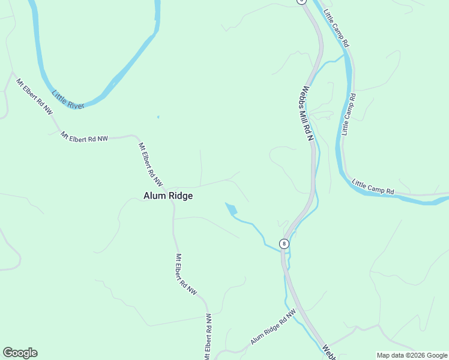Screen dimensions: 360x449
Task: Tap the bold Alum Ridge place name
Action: point(168,196)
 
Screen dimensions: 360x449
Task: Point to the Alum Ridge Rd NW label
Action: point(274,327)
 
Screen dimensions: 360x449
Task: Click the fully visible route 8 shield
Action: point(284,244)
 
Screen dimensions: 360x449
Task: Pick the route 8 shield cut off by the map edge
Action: point(301,2)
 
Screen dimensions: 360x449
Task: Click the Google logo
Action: point(20,353)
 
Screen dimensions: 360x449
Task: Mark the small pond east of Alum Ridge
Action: point(231,209)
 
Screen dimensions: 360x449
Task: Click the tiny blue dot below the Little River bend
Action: point(158,116)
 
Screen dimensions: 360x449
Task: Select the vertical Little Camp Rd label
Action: point(349,114)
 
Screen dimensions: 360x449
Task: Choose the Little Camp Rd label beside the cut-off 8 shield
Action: point(336,28)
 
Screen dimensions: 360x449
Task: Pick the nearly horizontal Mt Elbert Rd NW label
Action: point(84,137)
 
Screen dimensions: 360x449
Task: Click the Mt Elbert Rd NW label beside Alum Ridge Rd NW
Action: point(208,335)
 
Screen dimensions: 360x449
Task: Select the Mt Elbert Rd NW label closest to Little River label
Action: point(34,97)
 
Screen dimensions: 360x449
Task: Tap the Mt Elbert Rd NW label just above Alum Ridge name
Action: point(151,164)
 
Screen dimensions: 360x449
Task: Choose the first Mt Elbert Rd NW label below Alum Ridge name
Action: point(186,274)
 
